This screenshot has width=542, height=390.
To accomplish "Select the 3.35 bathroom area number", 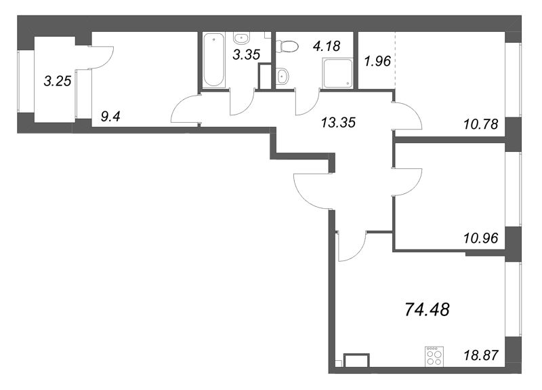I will tap(246, 55).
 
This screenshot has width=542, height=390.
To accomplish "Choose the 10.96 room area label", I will tap(481, 239).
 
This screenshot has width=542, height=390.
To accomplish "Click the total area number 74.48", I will tap(428, 309).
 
